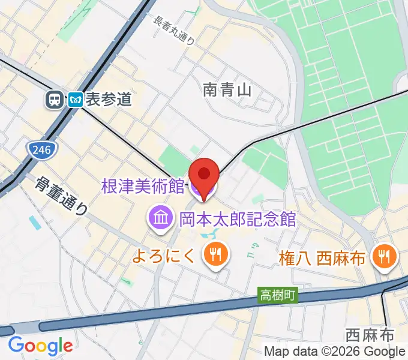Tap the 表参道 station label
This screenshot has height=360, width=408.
pyautogui.click(x=108, y=99)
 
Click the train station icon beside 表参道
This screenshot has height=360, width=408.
pyautogui.click(x=55, y=99)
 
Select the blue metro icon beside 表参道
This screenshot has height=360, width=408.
pyautogui.click(x=75, y=99)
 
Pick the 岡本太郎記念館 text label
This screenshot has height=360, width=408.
pyautogui.click(x=238, y=218)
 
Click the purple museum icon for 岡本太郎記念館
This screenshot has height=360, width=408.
pyautogui.click(x=160, y=217)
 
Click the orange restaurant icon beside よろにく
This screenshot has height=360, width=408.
pyautogui.click(x=212, y=255)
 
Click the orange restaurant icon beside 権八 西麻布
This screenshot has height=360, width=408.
pyautogui.click(x=382, y=258)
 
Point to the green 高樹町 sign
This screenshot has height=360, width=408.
pyautogui.click(x=277, y=295)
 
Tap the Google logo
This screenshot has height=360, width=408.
pyautogui.click(x=40, y=346)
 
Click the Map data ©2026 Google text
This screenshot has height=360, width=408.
pyautogui.click(x=335, y=351)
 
